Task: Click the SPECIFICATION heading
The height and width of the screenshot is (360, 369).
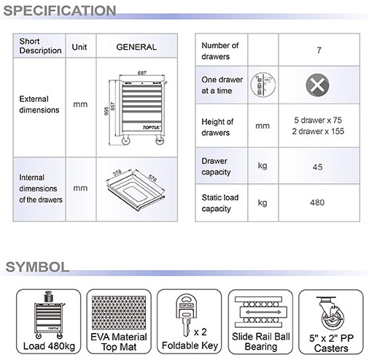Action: [x=60, y=11]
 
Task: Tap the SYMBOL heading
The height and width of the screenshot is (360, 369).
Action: [x=37, y=267]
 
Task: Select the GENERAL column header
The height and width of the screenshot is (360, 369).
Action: [x=136, y=47]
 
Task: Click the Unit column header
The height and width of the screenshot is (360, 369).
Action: [x=79, y=47]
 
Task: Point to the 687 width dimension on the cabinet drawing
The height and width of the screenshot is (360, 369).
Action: [x=142, y=73]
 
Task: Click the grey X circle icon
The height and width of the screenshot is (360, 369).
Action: [x=317, y=85]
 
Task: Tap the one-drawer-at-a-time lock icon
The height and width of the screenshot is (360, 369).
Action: [x=263, y=85]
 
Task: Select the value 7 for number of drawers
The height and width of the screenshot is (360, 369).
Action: [x=319, y=50]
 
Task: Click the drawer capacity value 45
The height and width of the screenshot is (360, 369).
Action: [x=317, y=167]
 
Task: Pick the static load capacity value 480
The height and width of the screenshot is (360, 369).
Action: [x=317, y=202]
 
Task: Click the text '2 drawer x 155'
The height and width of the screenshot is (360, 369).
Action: [x=318, y=131]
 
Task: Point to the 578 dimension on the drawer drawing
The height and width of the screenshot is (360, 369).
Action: [x=152, y=178]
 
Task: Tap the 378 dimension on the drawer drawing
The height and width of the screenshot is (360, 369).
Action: [x=117, y=172]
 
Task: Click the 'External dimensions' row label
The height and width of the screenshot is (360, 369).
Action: [x=39, y=104]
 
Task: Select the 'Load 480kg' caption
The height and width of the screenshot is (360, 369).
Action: [x=49, y=346]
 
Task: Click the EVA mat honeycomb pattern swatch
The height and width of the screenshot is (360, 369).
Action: [x=119, y=313]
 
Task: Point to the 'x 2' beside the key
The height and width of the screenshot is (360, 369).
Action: [x=201, y=332]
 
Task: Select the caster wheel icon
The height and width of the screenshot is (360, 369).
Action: [x=331, y=313]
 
